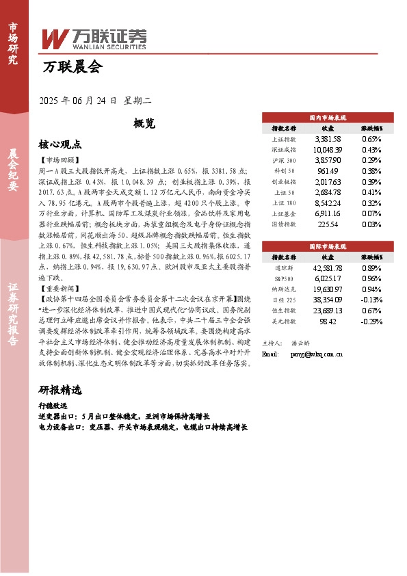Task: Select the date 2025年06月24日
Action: [79, 101]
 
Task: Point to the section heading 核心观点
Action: [60, 144]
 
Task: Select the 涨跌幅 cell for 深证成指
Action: [371, 149]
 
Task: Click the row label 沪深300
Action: [284, 160]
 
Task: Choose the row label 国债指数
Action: [284, 224]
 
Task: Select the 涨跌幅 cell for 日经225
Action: [371, 299]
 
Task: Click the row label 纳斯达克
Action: [284, 289]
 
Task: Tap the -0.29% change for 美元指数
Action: [371, 320]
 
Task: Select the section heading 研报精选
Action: [60, 390]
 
